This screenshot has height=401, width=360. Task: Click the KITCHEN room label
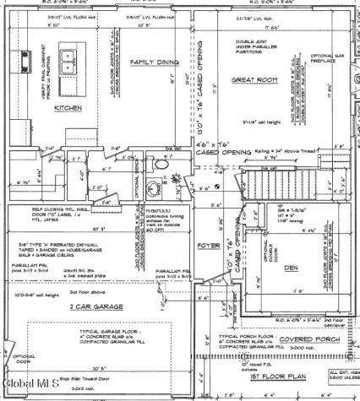pos(68,109)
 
